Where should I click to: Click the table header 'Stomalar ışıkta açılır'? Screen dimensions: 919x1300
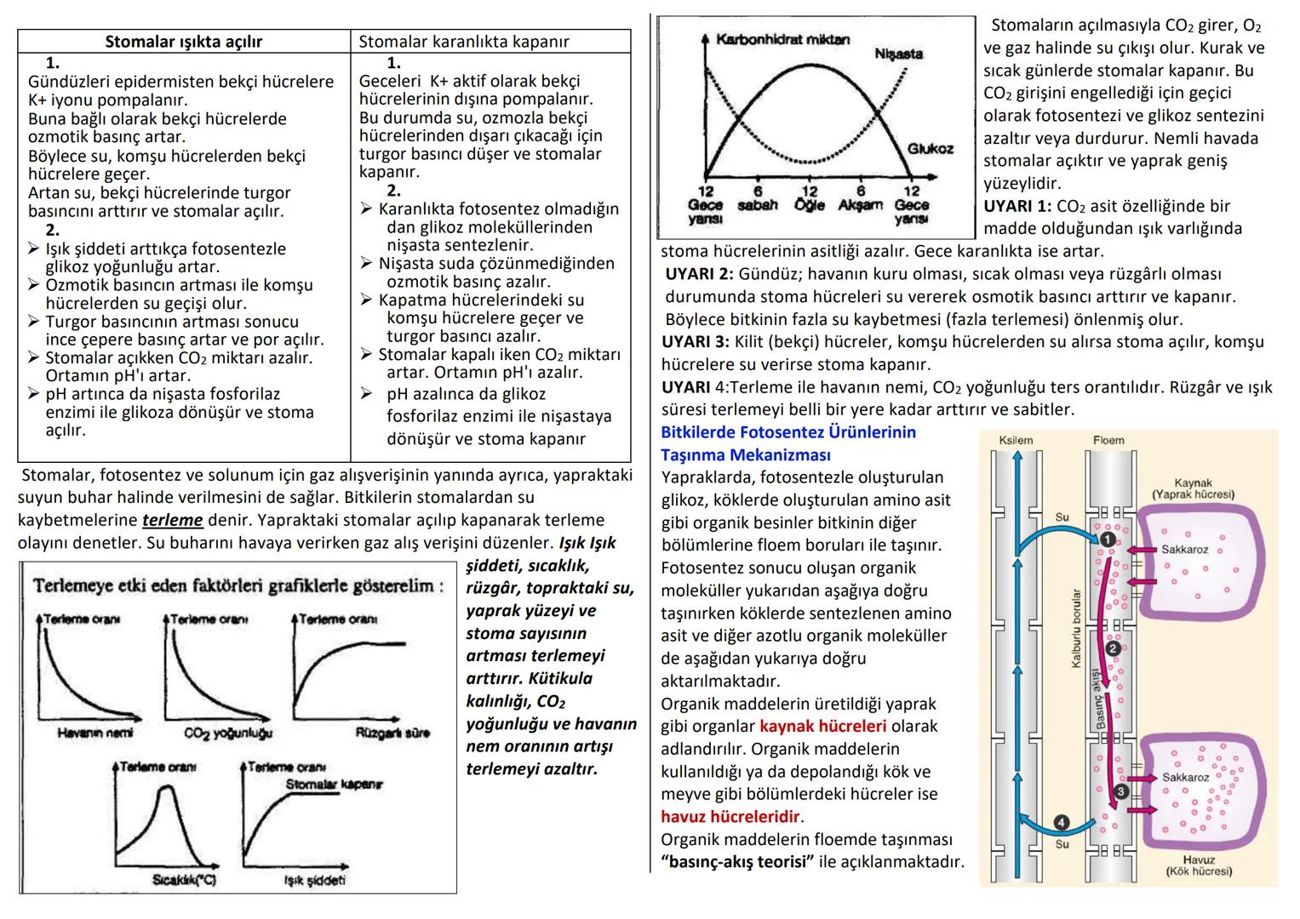click(183, 42)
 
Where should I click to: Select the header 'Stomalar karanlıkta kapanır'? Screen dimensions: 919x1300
click(464, 42)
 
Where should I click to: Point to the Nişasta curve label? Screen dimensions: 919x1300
click(898, 54)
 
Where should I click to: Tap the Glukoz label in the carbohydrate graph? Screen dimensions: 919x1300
click(930, 149)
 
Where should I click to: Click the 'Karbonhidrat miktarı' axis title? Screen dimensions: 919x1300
click(782, 40)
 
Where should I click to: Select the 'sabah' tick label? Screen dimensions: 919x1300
click(757, 205)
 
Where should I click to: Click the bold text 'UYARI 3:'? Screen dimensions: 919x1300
click(695, 342)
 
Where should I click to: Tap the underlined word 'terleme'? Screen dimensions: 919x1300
click(172, 520)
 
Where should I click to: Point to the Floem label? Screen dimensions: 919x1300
click(1108, 440)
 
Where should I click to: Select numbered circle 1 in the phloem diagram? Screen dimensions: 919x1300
click(1107, 539)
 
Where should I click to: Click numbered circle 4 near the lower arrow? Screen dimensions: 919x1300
click(1061, 822)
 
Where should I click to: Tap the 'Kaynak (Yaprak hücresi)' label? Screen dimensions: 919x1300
click(1192, 488)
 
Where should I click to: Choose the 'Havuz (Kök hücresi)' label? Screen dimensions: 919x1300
click(1199, 865)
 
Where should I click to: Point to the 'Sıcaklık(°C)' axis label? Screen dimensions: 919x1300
click(184, 879)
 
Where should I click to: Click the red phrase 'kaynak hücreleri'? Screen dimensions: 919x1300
click(822, 727)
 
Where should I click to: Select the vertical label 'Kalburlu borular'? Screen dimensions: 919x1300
click(1076, 629)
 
